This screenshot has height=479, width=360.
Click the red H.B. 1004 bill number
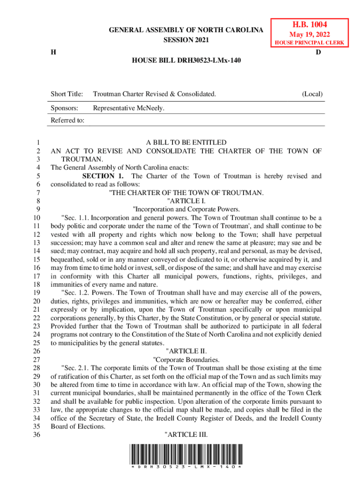309,24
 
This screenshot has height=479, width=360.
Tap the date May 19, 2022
309,35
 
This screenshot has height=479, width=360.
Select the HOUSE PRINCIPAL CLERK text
309,43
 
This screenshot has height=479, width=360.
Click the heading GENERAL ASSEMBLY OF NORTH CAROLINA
186,30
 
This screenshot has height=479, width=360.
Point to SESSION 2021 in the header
186,40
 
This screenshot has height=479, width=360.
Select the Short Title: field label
66,94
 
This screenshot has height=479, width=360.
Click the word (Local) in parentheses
312,94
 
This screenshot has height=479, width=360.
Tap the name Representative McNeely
129,109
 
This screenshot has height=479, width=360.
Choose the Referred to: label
67,120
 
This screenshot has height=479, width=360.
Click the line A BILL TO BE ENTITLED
186,142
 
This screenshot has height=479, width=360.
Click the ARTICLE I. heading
186,201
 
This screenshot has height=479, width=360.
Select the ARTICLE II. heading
186,351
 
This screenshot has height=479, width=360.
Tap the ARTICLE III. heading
186,435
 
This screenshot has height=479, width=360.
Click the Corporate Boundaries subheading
186,359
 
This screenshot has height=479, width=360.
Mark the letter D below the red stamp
318,52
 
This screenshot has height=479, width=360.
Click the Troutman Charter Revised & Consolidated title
154,94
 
